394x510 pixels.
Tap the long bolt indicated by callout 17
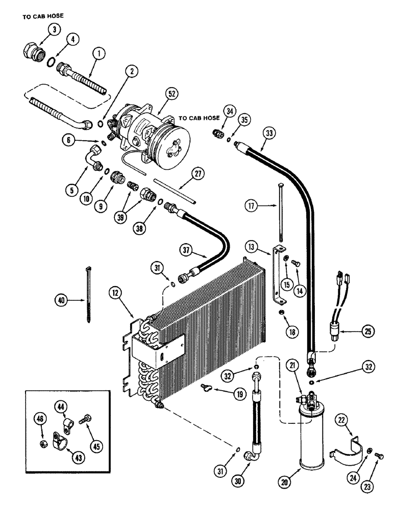click(281, 209)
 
